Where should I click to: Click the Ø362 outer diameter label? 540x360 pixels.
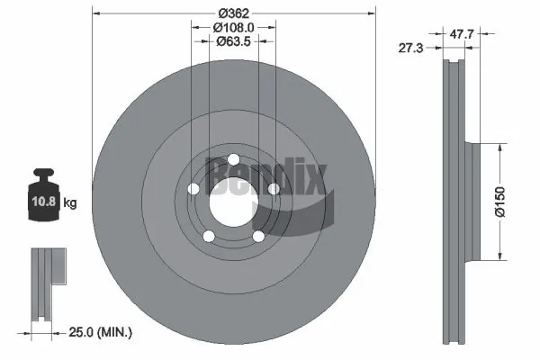tap(233, 13)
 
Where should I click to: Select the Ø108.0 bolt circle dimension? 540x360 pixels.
tap(233, 27)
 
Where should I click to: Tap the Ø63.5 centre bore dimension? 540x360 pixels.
tap(233, 41)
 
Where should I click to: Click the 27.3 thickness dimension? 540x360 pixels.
tap(410, 48)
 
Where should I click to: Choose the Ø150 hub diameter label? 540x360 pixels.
tap(500, 202)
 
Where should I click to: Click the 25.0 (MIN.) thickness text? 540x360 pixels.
tap(101, 332)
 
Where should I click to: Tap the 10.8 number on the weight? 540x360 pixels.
tap(44, 201)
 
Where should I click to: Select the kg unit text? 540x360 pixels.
tap(70, 202)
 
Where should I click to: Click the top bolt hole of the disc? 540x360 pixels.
tap(233, 160)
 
